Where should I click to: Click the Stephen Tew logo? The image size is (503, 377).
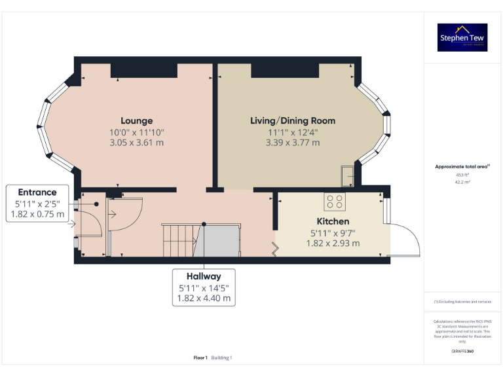click(x=462, y=37)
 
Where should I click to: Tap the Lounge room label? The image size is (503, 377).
click(x=137, y=120)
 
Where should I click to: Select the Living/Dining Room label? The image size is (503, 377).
click(x=293, y=120)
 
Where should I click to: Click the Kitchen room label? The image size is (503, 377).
click(x=333, y=221)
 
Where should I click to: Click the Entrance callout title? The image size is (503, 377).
click(x=37, y=192)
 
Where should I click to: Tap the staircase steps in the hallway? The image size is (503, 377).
click(x=179, y=240)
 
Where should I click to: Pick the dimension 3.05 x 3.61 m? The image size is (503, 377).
click(x=137, y=142)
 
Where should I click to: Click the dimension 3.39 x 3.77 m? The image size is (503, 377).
click(x=293, y=142)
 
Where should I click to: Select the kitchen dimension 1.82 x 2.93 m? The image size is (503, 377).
click(x=333, y=243)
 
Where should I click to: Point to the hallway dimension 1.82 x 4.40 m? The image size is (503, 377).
click(x=204, y=298)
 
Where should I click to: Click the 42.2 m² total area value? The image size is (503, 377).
click(x=462, y=183)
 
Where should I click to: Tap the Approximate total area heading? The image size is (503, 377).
click(x=462, y=167)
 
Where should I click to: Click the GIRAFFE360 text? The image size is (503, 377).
click(x=462, y=351)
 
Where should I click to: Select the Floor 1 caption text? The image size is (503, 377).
click(x=200, y=357)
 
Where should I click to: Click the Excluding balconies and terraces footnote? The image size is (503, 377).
click(x=462, y=302)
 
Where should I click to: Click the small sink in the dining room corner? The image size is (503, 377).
click(x=346, y=175)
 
